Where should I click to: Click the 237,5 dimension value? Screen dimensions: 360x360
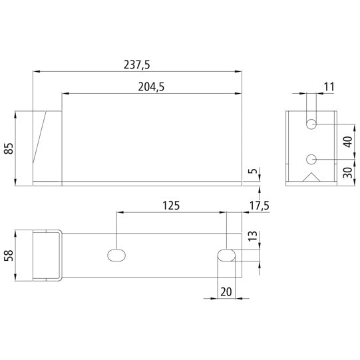click(137, 65)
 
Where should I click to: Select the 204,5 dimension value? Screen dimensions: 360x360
click(152, 88)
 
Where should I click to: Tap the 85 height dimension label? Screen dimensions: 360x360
click(9, 147)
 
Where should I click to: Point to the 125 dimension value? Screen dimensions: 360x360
click(171, 206)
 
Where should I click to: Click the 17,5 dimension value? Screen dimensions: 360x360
click(258, 206)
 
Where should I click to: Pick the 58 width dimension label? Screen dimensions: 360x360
click(9, 256)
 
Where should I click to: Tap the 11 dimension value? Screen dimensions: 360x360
click(328, 87)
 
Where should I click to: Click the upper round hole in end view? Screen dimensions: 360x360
click(311, 124)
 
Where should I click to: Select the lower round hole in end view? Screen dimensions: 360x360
click(311, 159)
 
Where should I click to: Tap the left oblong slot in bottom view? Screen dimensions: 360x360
click(117, 256)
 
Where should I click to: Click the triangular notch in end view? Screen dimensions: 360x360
click(311, 178)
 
